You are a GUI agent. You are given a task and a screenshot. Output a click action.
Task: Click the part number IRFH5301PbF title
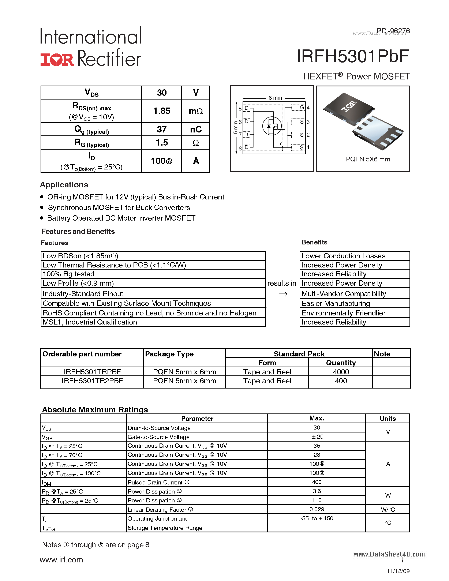tap(352, 57)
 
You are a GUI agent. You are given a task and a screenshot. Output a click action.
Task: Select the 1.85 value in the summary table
tap(161, 111)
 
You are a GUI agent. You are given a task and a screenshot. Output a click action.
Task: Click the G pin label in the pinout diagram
tap(302, 107)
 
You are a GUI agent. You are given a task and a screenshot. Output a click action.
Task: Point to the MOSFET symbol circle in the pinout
tap(272, 126)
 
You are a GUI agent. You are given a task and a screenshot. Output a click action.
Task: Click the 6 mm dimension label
tap(275, 98)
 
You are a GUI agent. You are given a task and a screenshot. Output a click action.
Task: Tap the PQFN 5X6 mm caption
tap(368, 159)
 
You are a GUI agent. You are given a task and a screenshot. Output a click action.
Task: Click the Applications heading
tap(64, 185)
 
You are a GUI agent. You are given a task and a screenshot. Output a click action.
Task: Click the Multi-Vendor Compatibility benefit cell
tap(343, 294)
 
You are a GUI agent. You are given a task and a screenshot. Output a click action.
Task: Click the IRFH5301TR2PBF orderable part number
tap(92, 381)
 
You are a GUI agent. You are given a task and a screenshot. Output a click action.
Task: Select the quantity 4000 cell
tap(341, 372)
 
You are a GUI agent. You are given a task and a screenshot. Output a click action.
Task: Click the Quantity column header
tap(341, 363)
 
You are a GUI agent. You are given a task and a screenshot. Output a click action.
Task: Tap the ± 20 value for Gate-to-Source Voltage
tap(317, 436)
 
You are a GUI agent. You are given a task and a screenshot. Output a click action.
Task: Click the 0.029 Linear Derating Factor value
tap(317, 509)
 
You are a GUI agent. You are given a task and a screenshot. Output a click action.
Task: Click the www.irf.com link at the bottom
tap(61, 560)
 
